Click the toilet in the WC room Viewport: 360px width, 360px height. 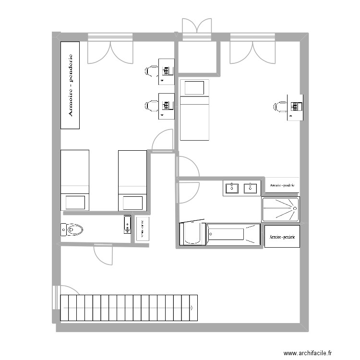click(x=72, y=229)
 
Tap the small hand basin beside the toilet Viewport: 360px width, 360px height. click(x=127, y=225)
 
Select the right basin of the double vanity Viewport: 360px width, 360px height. click(x=250, y=188)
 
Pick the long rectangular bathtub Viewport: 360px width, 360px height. click(x=233, y=235)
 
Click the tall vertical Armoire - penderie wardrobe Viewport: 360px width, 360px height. click(x=70, y=85)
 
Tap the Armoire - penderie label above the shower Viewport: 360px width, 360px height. click(x=282, y=185)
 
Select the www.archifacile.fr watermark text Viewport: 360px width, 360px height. click(x=307, y=353)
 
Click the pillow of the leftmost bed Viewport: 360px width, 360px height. click(x=75, y=202)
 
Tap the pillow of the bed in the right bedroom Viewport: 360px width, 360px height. click(x=194, y=88)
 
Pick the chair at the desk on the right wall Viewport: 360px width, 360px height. click(x=280, y=107)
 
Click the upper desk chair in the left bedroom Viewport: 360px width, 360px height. click(x=152, y=72)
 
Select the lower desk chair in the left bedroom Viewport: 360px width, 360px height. click(x=152, y=106)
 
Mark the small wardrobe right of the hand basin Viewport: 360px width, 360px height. click(x=143, y=229)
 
